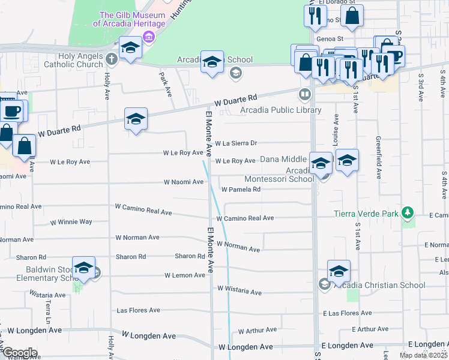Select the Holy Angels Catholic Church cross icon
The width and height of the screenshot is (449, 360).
pyautogui.click(x=111, y=59)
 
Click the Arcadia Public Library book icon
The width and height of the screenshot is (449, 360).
pyautogui.click(x=306, y=94)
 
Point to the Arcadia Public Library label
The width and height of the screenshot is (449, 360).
pyautogui.click(x=281, y=110)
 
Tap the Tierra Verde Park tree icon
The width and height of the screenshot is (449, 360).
pyautogui.click(x=408, y=213)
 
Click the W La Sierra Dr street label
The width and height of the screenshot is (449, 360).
pyautogui.click(x=236, y=143)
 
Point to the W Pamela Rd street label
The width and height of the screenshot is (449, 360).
pyautogui.click(x=241, y=190)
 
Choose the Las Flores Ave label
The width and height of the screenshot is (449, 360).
pyautogui.click(x=138, y=310)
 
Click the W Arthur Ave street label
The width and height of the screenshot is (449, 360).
pyautogui.click(x=257, y=330)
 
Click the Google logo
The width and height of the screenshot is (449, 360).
pyautogui.click(x=19, y=353)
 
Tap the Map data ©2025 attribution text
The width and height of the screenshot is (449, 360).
pyautogui.click(x=423, y=355)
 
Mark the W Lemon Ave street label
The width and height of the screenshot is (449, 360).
pyautogui.click(x=184, y=275)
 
